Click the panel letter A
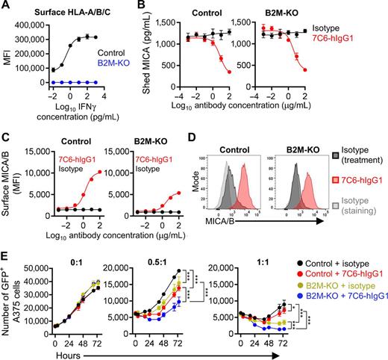pos(5,7)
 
